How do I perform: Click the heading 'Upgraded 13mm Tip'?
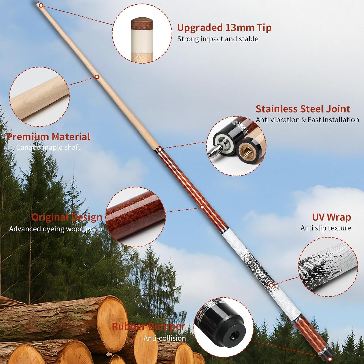click(224, 28)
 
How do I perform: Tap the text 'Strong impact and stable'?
click(218, 39)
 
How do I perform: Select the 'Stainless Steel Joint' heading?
click(303, 109)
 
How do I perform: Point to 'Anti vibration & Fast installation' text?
click(307, 120)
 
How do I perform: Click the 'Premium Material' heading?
click(48, 137)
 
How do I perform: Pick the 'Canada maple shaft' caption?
click(48, 147)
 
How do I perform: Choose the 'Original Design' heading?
click(67, 217)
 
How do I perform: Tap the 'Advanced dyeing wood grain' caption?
click(56, 229)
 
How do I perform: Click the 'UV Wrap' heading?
click(331, 217)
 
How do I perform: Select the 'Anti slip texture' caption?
click(325, 228)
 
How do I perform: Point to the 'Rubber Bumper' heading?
click(148, 326)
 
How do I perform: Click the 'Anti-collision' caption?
click(165, 338)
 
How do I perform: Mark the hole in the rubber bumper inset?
click(232, 335)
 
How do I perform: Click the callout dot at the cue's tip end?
click(41, 5)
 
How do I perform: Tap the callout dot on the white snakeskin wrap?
click(271, 285)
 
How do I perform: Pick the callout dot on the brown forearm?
click(202, 207)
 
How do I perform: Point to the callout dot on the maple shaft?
click(97, 77)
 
